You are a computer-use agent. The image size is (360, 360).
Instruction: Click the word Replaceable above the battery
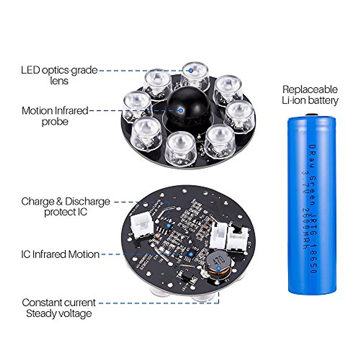pyautogui.click(x=310, y=89)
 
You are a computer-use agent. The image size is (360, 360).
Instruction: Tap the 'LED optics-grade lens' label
pyautogui.click(x=59, y=75)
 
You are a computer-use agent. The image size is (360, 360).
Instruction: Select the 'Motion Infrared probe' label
pyautogui.click(x=55, y=116)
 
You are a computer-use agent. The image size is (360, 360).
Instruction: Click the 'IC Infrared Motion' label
pyautogui.click(x=60, y=254)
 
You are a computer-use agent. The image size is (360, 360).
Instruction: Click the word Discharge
pyautogui.click(x=87, y=201)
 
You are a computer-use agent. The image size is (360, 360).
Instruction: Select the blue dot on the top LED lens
pyautogui.click(x=191, y=71)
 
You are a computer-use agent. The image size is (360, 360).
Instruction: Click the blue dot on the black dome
pyautogui.click(x=181, y=110)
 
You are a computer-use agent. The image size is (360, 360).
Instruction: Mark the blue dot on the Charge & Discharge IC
pyautogui.click(x=169, y=225)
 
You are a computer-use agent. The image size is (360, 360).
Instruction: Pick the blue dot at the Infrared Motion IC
pyautogui.click(x=190, y=254)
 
